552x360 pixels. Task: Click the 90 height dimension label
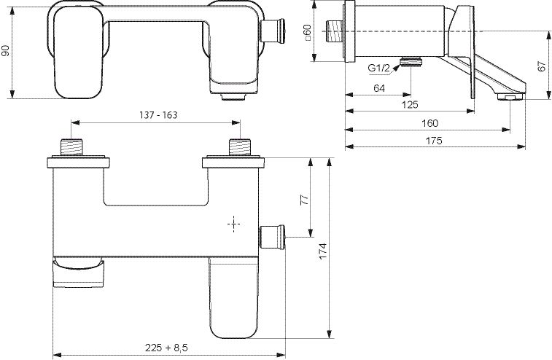tap(6, 51)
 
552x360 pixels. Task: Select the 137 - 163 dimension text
tap(158, 115)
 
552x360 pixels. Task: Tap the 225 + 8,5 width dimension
tap(166, 348)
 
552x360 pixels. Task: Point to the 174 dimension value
tap(323, 251)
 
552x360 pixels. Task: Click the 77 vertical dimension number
tap(305, 200)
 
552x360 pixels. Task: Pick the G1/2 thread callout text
tap(378, 68)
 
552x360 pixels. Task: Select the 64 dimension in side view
tap(378, 88)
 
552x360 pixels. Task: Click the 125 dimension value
tap(410, 104)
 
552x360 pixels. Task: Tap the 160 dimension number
tap(429, 123)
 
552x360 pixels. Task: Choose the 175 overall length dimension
tap(434, 141)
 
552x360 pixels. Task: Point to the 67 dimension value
tap(542, 66)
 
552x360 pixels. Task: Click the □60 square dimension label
tap(307, 32)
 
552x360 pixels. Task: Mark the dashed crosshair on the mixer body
tap(234, 224)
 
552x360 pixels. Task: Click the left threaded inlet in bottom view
tap(71, 147)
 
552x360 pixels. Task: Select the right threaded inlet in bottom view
tap(240, 147)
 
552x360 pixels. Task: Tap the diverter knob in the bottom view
tap(272, 237)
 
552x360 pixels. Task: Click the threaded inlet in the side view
tap(335, 31)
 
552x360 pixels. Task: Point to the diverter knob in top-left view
tap(273, 31)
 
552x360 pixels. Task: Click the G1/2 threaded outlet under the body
tap(411, 62)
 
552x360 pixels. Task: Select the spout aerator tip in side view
tap(510, 97)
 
